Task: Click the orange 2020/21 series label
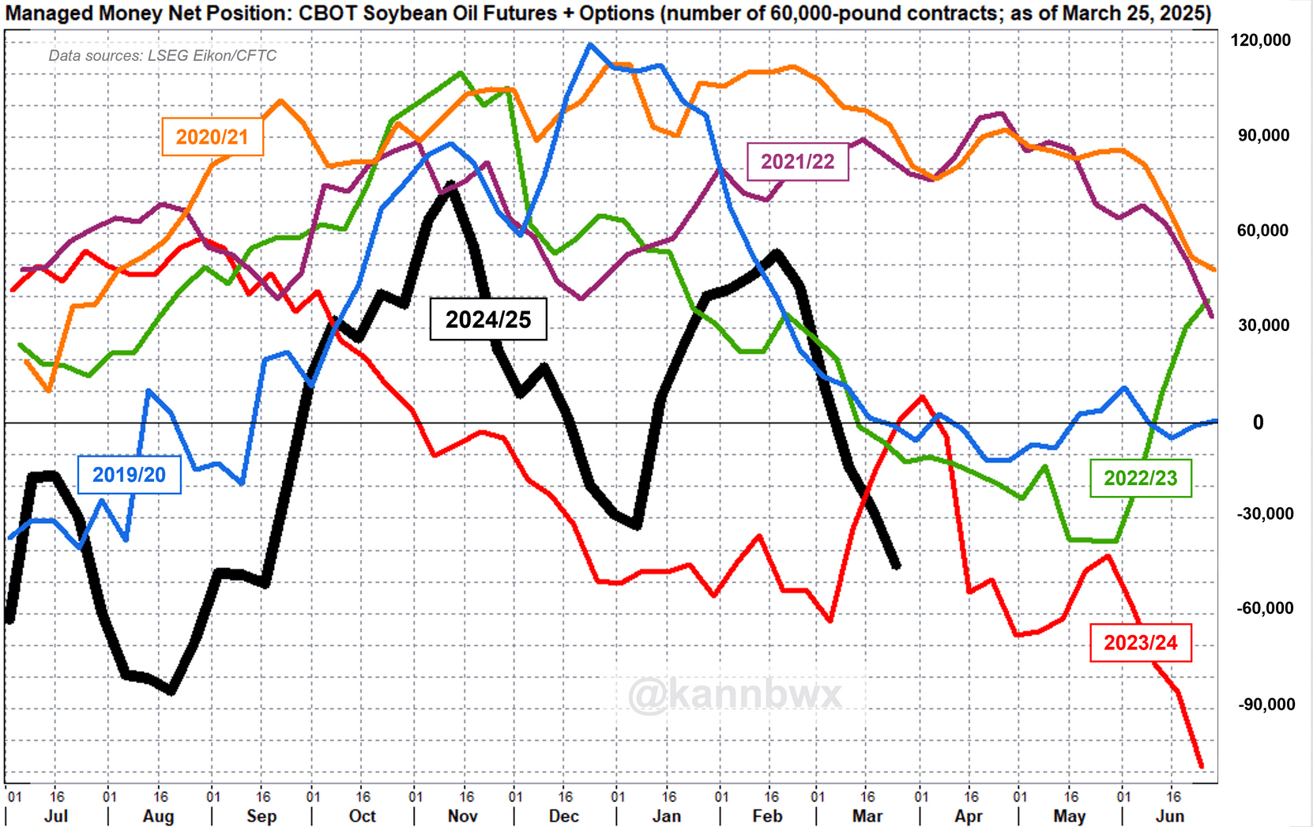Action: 212,137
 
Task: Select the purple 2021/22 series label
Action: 797,162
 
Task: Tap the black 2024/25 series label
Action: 487,319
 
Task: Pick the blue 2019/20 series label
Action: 129,475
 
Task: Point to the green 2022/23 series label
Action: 1140,478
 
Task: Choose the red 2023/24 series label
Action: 1140,642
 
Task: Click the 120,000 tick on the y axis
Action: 1260,40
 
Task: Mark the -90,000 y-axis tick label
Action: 1265,704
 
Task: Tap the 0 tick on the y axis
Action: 1258,423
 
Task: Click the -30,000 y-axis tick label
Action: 1265,513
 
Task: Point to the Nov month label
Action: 462,816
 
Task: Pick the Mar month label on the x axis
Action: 867,816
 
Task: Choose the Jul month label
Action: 56,816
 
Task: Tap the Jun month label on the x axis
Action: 1170,816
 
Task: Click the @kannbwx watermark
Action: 735,695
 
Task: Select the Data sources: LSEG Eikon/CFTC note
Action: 163,55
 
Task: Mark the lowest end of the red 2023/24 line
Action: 1202,766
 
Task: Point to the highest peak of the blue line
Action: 589,45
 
